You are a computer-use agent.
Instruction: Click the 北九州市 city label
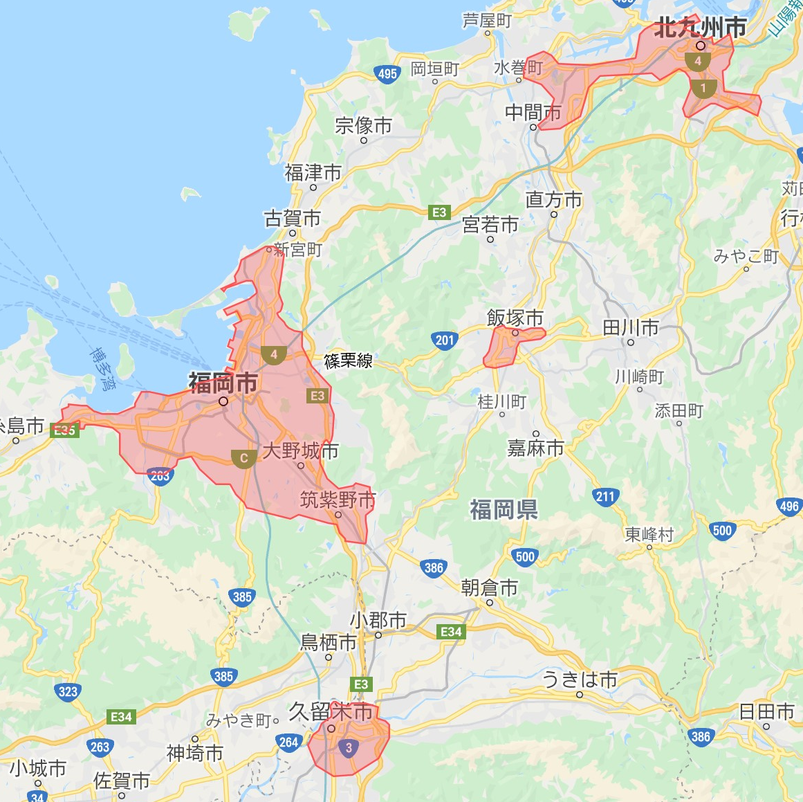pyautogui.click(x=700, y=28)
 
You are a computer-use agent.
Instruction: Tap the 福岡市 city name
pyautogui.click(x=223, y=383)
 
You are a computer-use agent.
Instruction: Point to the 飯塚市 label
pyautogui.click(x=515, y=318)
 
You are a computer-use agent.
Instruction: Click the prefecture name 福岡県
pyautogui.click(x=504, y=510)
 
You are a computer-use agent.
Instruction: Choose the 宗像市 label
pyautogui.click(x=363, y=125)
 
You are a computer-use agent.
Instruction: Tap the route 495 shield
pyautogui.click(x=387, y=74)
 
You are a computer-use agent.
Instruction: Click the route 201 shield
pyautogui.click(x=445, y=340)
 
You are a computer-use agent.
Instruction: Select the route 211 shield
pyautogui.click(x=604, y=496)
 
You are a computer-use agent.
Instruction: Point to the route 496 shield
pyautogui.click(x=789, y=507)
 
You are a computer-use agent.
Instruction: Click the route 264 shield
pyautogui.click(x=288, y=742)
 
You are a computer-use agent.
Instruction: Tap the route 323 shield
pyautogui.click(x=68, y=691)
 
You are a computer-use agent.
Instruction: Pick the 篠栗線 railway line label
pyautogui.click(x=348, y=361)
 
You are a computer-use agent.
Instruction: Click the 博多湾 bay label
pyautogui.click(x=104, y=370)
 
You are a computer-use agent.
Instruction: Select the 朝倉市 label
pyautogui.click(x=489, y=588)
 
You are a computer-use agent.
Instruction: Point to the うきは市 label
pyautogui.click(x=579, y=680)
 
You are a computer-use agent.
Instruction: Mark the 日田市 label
pyautogui.click(x=766, y=711)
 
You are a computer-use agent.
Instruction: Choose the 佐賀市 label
pyautogui.click(x=122, y=781)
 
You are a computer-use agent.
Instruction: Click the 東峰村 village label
pyautogui.click(x=649, y=534)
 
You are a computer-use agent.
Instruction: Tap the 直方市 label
pyautogui.click(x=553, y=200)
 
